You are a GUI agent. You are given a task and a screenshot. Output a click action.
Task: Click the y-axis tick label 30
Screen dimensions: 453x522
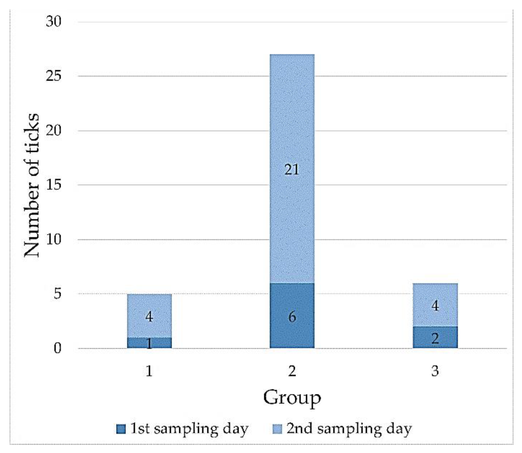(x=54, y=21)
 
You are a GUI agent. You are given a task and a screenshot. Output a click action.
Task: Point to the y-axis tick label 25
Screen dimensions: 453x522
(x=54, y=76)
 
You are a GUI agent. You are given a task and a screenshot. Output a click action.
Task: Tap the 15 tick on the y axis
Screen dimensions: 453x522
(x=54, y=184)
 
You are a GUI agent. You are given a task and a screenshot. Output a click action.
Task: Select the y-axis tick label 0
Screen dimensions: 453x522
(x=57, y=348)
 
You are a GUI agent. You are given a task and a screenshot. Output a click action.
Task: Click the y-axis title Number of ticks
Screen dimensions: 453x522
(x=32, y=185)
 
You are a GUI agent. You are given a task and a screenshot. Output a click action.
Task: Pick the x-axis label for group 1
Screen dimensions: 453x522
(x=149, y=371)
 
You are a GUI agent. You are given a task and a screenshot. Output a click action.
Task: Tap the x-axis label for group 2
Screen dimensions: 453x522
(x=292, y=371)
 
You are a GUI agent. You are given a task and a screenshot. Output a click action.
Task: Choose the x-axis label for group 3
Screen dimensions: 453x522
(x=435, y=371)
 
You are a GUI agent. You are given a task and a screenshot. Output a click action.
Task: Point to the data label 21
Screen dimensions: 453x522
(x=292, y=169)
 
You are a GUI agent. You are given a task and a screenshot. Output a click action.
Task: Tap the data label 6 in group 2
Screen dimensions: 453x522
(x=292, y=317)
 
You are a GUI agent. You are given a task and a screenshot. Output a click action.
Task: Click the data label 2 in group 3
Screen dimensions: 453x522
(x=435, y=338)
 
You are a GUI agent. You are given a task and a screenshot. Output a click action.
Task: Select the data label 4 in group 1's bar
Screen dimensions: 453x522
(x=149, y=316)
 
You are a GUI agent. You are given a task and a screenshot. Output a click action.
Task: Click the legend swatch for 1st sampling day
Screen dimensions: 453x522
(x=121, y=429)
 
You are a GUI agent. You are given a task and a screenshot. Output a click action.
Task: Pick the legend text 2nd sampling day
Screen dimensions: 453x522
(x=349, y=429)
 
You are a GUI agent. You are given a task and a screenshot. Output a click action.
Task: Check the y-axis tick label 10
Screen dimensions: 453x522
(x=54, y=239)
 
